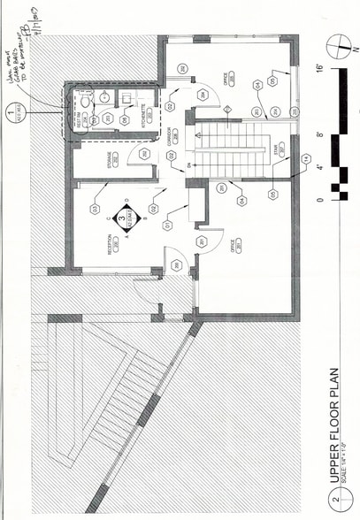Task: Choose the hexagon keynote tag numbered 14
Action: (307, 159)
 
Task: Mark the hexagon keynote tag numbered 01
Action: (167, 226)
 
